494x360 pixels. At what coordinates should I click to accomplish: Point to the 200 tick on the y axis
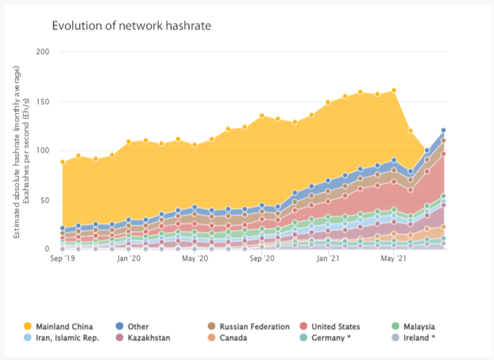pos(43,52)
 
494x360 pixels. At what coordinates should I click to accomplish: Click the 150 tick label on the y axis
pos(43,101)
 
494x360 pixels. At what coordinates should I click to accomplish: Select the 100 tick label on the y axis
pos(43,150)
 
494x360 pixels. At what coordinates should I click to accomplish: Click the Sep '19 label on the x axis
pos(62,259)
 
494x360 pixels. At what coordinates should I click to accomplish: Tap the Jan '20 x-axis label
pos(129,259)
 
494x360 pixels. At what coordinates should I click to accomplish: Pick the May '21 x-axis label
pos(395,259)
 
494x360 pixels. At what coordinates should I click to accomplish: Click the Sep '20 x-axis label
pos(262,259)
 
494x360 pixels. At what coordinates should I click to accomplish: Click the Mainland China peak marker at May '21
pos(394,91)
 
